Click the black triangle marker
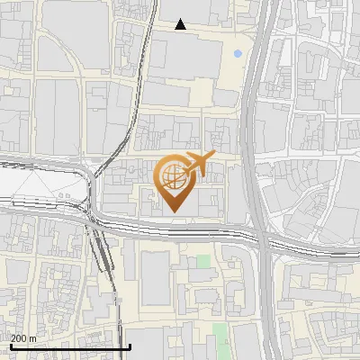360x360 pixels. pyautogui.click(x=181, y=24)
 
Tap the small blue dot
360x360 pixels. pyautogui.click(x=238, y=54)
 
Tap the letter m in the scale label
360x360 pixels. pyautogui.click(x=32, y=337)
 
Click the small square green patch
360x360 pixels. pyautogui.click(x=203, y=261)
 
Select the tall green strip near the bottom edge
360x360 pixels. pyautogui.click(x=220, y=337)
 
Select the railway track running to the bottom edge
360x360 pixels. pyautogui.click(x=114, y=306)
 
